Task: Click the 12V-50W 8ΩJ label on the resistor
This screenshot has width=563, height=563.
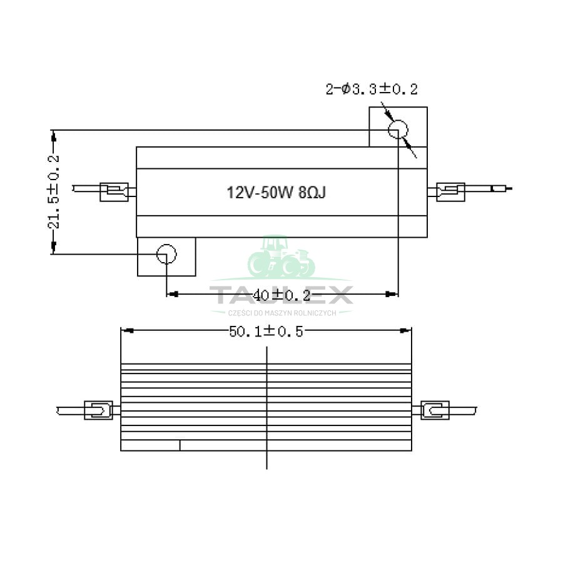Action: [x=276, y=193]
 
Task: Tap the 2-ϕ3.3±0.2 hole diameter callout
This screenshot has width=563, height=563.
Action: [x=372, y=89]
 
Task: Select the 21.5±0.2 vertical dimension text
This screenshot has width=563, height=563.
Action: [x=54, y=192]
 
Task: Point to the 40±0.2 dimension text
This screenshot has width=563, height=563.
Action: [x=281, y=295]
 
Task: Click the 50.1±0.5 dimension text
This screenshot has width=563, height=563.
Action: [x=266, y=332]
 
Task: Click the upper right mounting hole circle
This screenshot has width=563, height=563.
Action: [x=398, y=129]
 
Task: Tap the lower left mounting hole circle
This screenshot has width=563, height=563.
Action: [x=166, y=254]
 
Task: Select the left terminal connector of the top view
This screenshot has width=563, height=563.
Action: [x=114, y=192]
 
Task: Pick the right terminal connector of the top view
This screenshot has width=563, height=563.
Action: [x=450, y=192]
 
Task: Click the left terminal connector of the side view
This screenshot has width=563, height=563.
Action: [x=98, y=410]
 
